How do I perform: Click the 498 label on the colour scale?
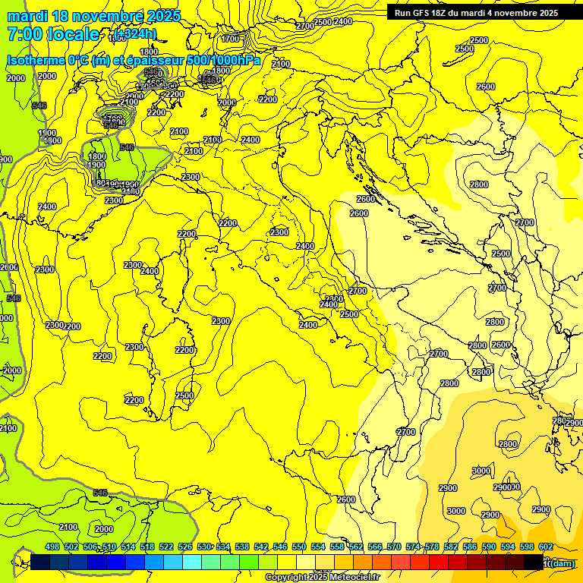pyautogui.click(x=52, y=547)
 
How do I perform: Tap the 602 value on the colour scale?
pyautogui.click(x=545, y=547)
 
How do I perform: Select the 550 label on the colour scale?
pyautogui.click(x=299, y=547)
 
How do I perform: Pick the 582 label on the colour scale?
pyautogui.click(x=451, y=547)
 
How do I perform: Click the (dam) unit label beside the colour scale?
pyautogui.click(x=561, y=563)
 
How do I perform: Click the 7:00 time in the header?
pyautogui.click(x=24, y=34)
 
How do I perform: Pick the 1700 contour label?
pyautogui.click(x=230, y=39)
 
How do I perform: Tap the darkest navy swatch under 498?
pyautogui.click(x=41, y=563)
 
